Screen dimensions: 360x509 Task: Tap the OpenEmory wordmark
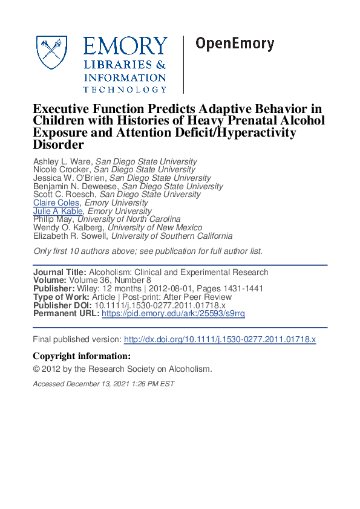[234, 44]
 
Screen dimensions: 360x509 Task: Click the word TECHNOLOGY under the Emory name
[125, 89]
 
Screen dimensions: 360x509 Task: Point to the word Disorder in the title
[57, 145]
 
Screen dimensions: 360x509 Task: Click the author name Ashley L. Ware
[62, 161]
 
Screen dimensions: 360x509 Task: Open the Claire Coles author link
[56, 203]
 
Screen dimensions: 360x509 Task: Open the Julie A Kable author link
[59, 212]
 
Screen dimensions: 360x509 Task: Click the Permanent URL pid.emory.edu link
[173, 314]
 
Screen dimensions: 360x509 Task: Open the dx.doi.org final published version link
[220, 340]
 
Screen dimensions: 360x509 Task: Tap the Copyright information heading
[81, 356]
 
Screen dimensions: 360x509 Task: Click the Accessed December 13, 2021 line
[103, 384]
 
